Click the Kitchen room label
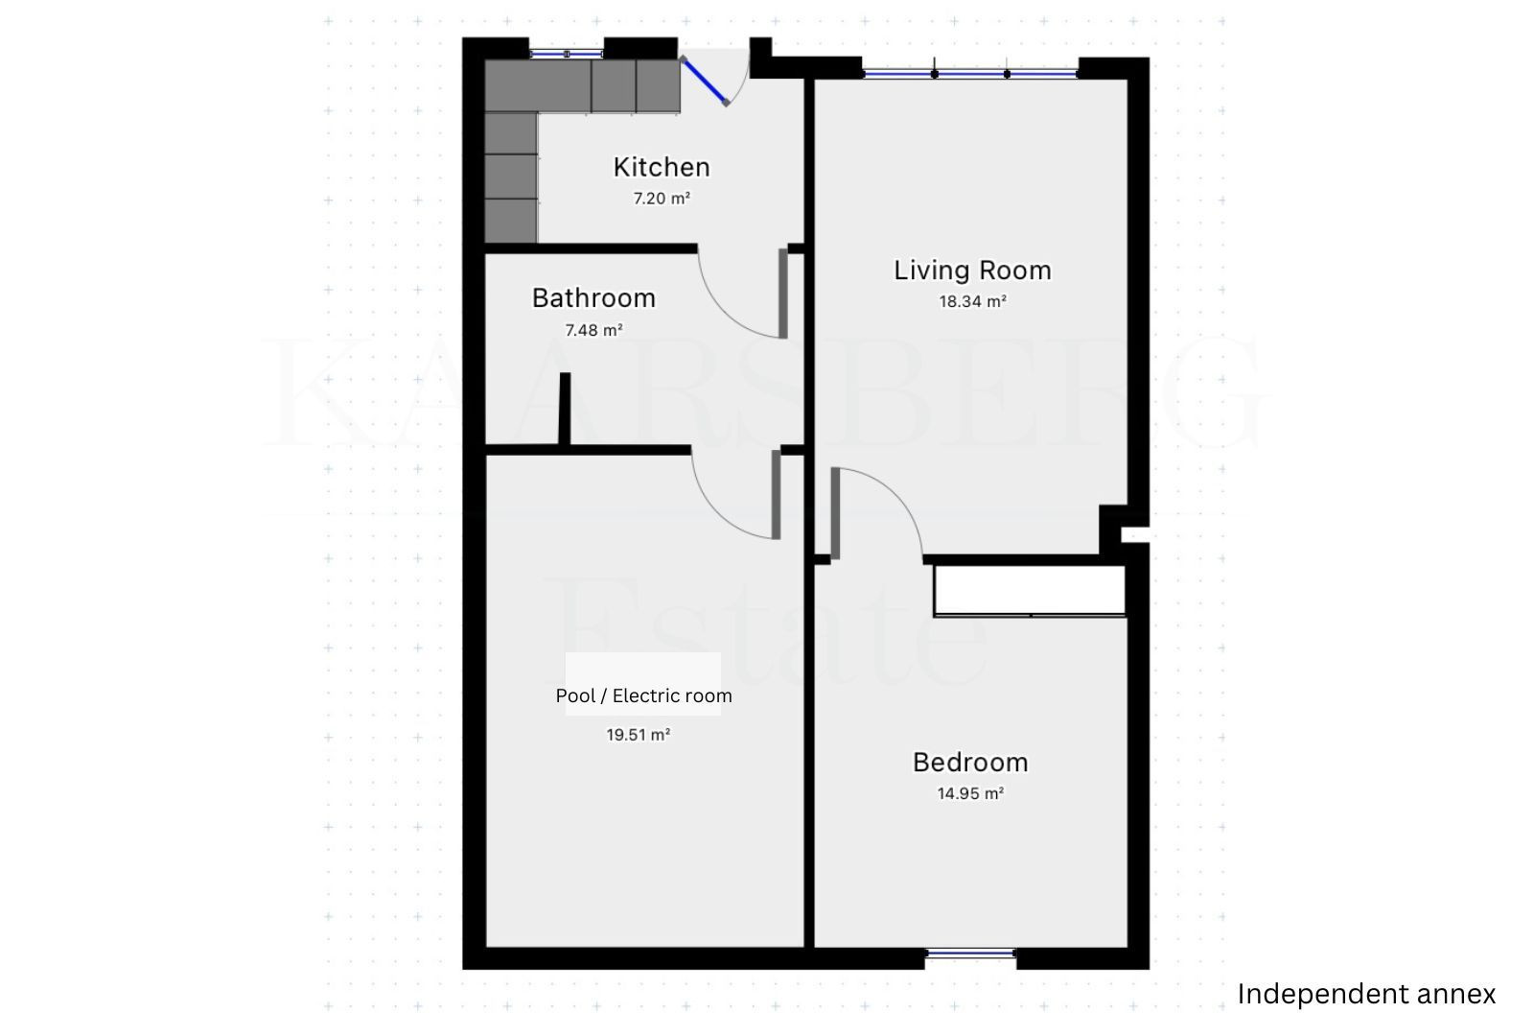click(661, 167)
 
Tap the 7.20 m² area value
click(661, 199)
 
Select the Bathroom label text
click(593, 298)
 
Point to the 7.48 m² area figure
click(593, 330)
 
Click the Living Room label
click(972, 271)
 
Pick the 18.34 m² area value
click(972, 301)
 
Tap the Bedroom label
click(970, 763)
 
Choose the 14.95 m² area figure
click(970, 793)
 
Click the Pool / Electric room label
click(643, 696)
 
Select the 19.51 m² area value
click(639, 735)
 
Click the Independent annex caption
click(1366, 994)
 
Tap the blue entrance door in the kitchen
click(704, 82)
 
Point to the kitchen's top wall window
click(567, 54)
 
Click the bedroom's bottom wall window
click(970, 954)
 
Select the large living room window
click(971, 73)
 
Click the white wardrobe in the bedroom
click(1030, 591)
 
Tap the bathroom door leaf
click(782, 294)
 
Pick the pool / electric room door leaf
click(776, 495)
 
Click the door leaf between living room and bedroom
click(835, 513)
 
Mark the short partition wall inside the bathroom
click(565, 409)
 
